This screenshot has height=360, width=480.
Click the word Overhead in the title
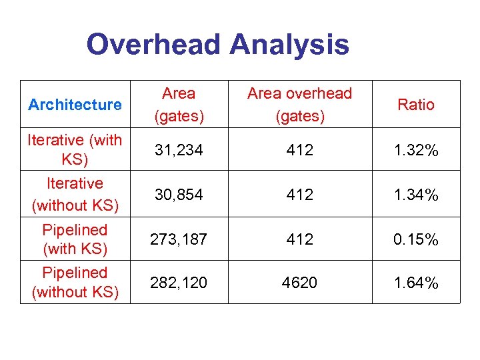(x=153, y=45)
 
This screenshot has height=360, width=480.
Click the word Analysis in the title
(x=289, y=45)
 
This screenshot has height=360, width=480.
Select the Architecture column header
(x=75, y=105)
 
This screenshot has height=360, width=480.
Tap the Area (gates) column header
(x=179, y=105)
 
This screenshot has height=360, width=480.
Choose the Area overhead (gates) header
(x=299, y=105)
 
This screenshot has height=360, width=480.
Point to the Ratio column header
(x=415, y=105)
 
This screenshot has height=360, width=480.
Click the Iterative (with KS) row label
(x=75, y=150)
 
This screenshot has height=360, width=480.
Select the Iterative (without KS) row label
(x=75, y=194)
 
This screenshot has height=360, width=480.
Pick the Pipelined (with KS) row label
(x=75, y=239)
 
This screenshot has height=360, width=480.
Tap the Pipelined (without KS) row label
(x=75, y=282)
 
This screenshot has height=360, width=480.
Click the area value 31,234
(x=179, y=150)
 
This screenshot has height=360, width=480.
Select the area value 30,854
(x=179, y=195)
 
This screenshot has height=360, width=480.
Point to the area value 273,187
(x=179, y=239)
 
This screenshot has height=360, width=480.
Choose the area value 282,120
(x=179, y=283)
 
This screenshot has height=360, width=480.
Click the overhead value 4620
(x=299, y=283)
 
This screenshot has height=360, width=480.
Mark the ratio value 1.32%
(x=415, y=150)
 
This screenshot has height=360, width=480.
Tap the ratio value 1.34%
(x=415, y=195)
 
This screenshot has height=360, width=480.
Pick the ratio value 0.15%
(x=415, y=239)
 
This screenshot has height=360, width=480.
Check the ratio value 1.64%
(x=415, y=283)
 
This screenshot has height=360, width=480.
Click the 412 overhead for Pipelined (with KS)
(x=299, y=239)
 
